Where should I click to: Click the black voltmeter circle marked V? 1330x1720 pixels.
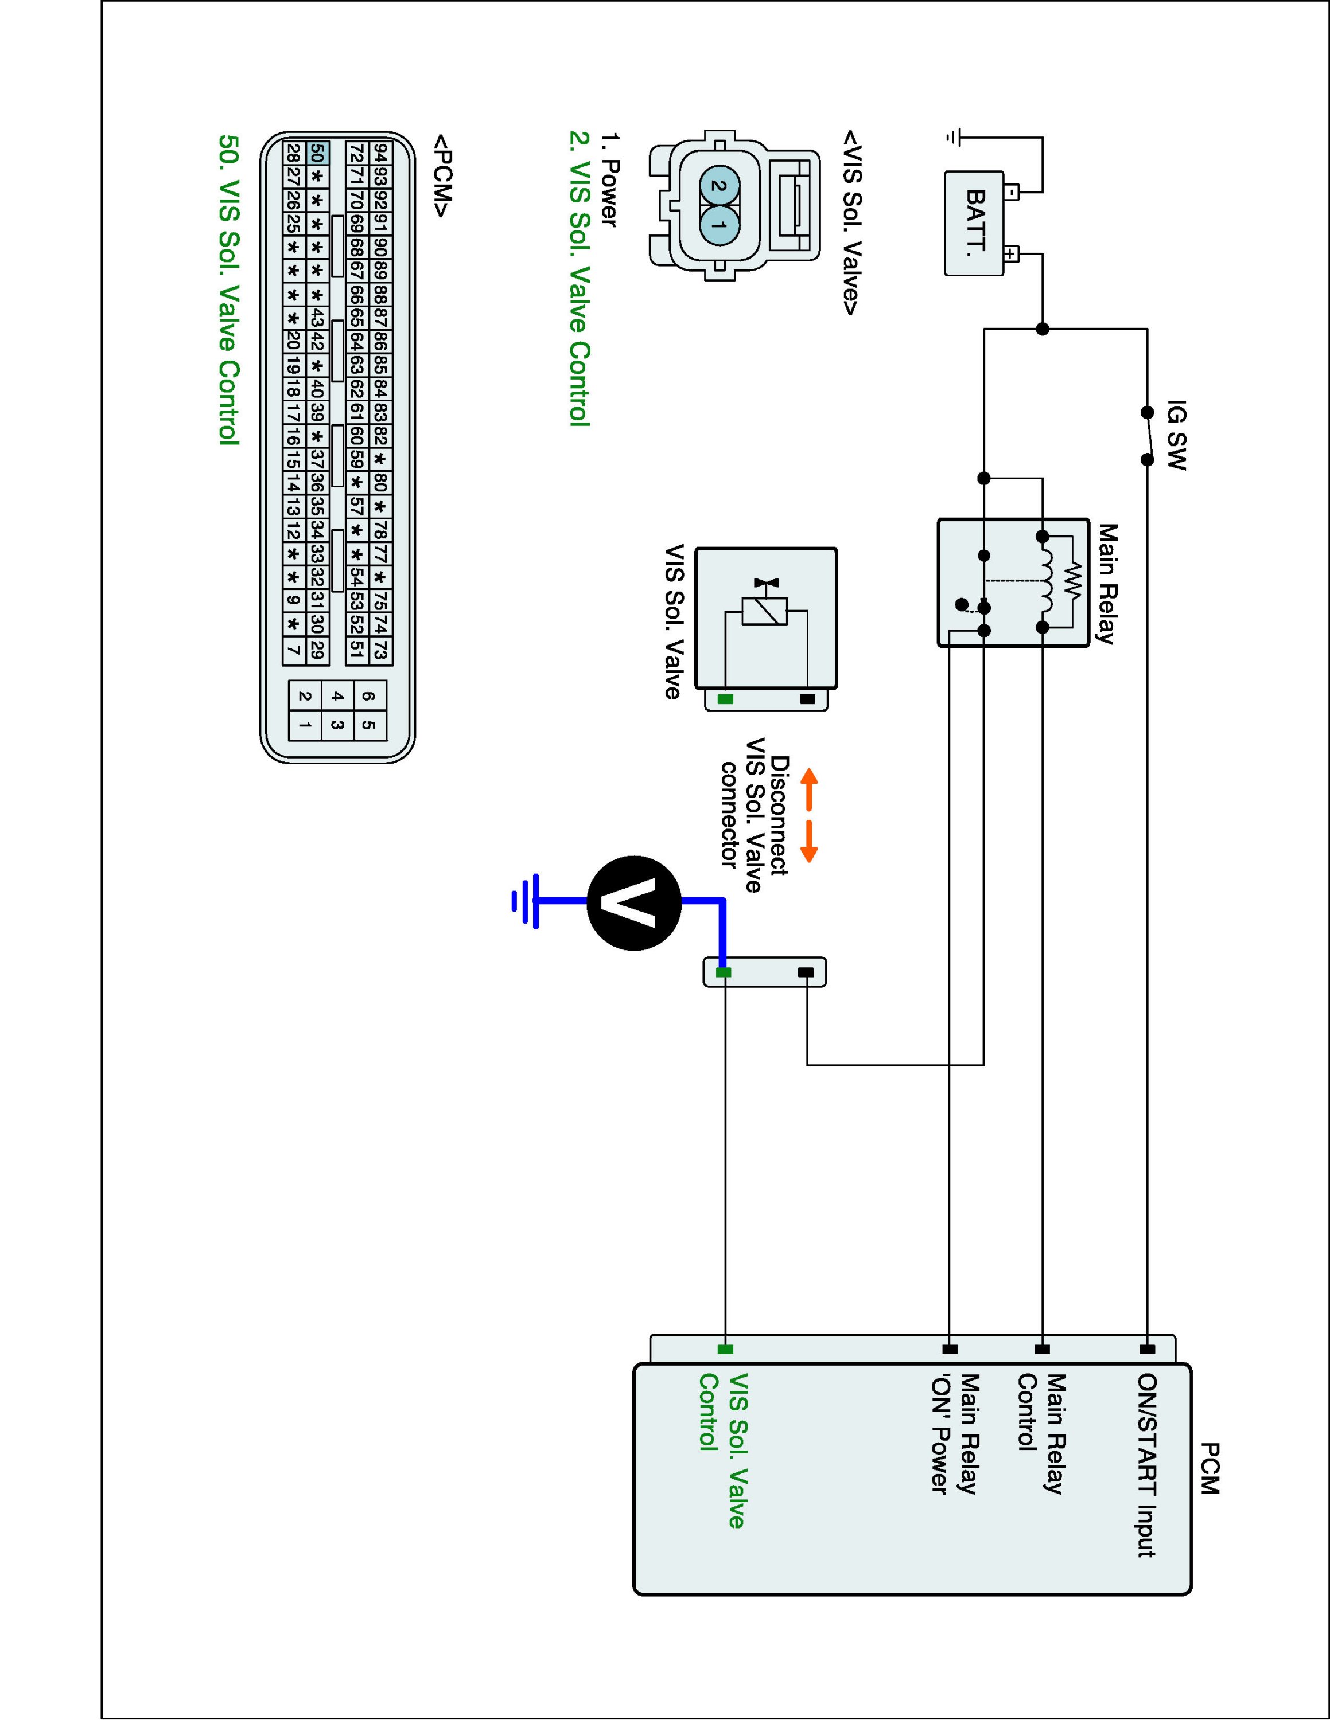[634, 902]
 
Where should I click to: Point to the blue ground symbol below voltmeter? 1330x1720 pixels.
[526, 901]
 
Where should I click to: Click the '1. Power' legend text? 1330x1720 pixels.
[609, 181]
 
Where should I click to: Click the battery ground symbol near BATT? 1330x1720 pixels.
[952, 138]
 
